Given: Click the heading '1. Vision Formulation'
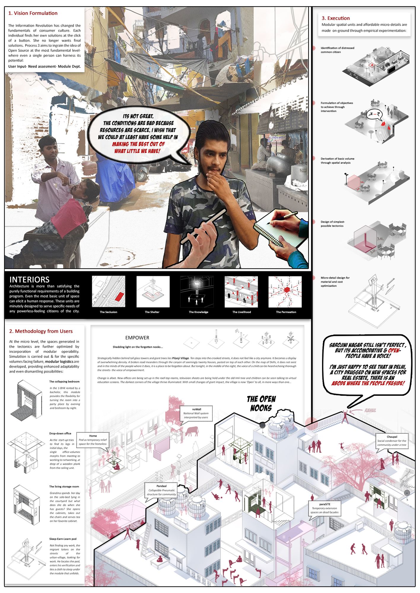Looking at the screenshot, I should coord(33,13).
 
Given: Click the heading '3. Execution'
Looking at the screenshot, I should coord(335,18).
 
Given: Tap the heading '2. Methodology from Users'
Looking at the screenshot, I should coord(41,331).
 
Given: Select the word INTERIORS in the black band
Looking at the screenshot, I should coord(29,280).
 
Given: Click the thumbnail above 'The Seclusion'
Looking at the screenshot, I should coord(109,292).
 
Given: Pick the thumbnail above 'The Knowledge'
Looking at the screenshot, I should coord(197,292).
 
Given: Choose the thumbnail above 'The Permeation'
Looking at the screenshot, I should coord(285,292).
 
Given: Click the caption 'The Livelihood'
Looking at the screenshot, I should coord(241,312).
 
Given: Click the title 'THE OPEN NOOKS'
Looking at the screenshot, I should coord(261,403).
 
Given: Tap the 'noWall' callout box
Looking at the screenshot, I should coord(196,413).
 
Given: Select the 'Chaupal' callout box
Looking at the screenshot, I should coord(392,441).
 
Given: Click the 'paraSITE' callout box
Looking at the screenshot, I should coord(324,508).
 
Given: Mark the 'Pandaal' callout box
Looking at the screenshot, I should coord(161,490).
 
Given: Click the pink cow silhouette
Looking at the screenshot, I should coord(192,431).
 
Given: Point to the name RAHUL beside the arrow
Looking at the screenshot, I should coord(370,411).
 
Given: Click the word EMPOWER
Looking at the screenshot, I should coord(137,338).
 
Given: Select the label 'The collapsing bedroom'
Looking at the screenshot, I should coord(64,382).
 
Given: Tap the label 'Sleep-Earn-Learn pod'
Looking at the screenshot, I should coord(63,539).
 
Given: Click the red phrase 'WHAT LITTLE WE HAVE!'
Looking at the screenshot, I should coord(137,151).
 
